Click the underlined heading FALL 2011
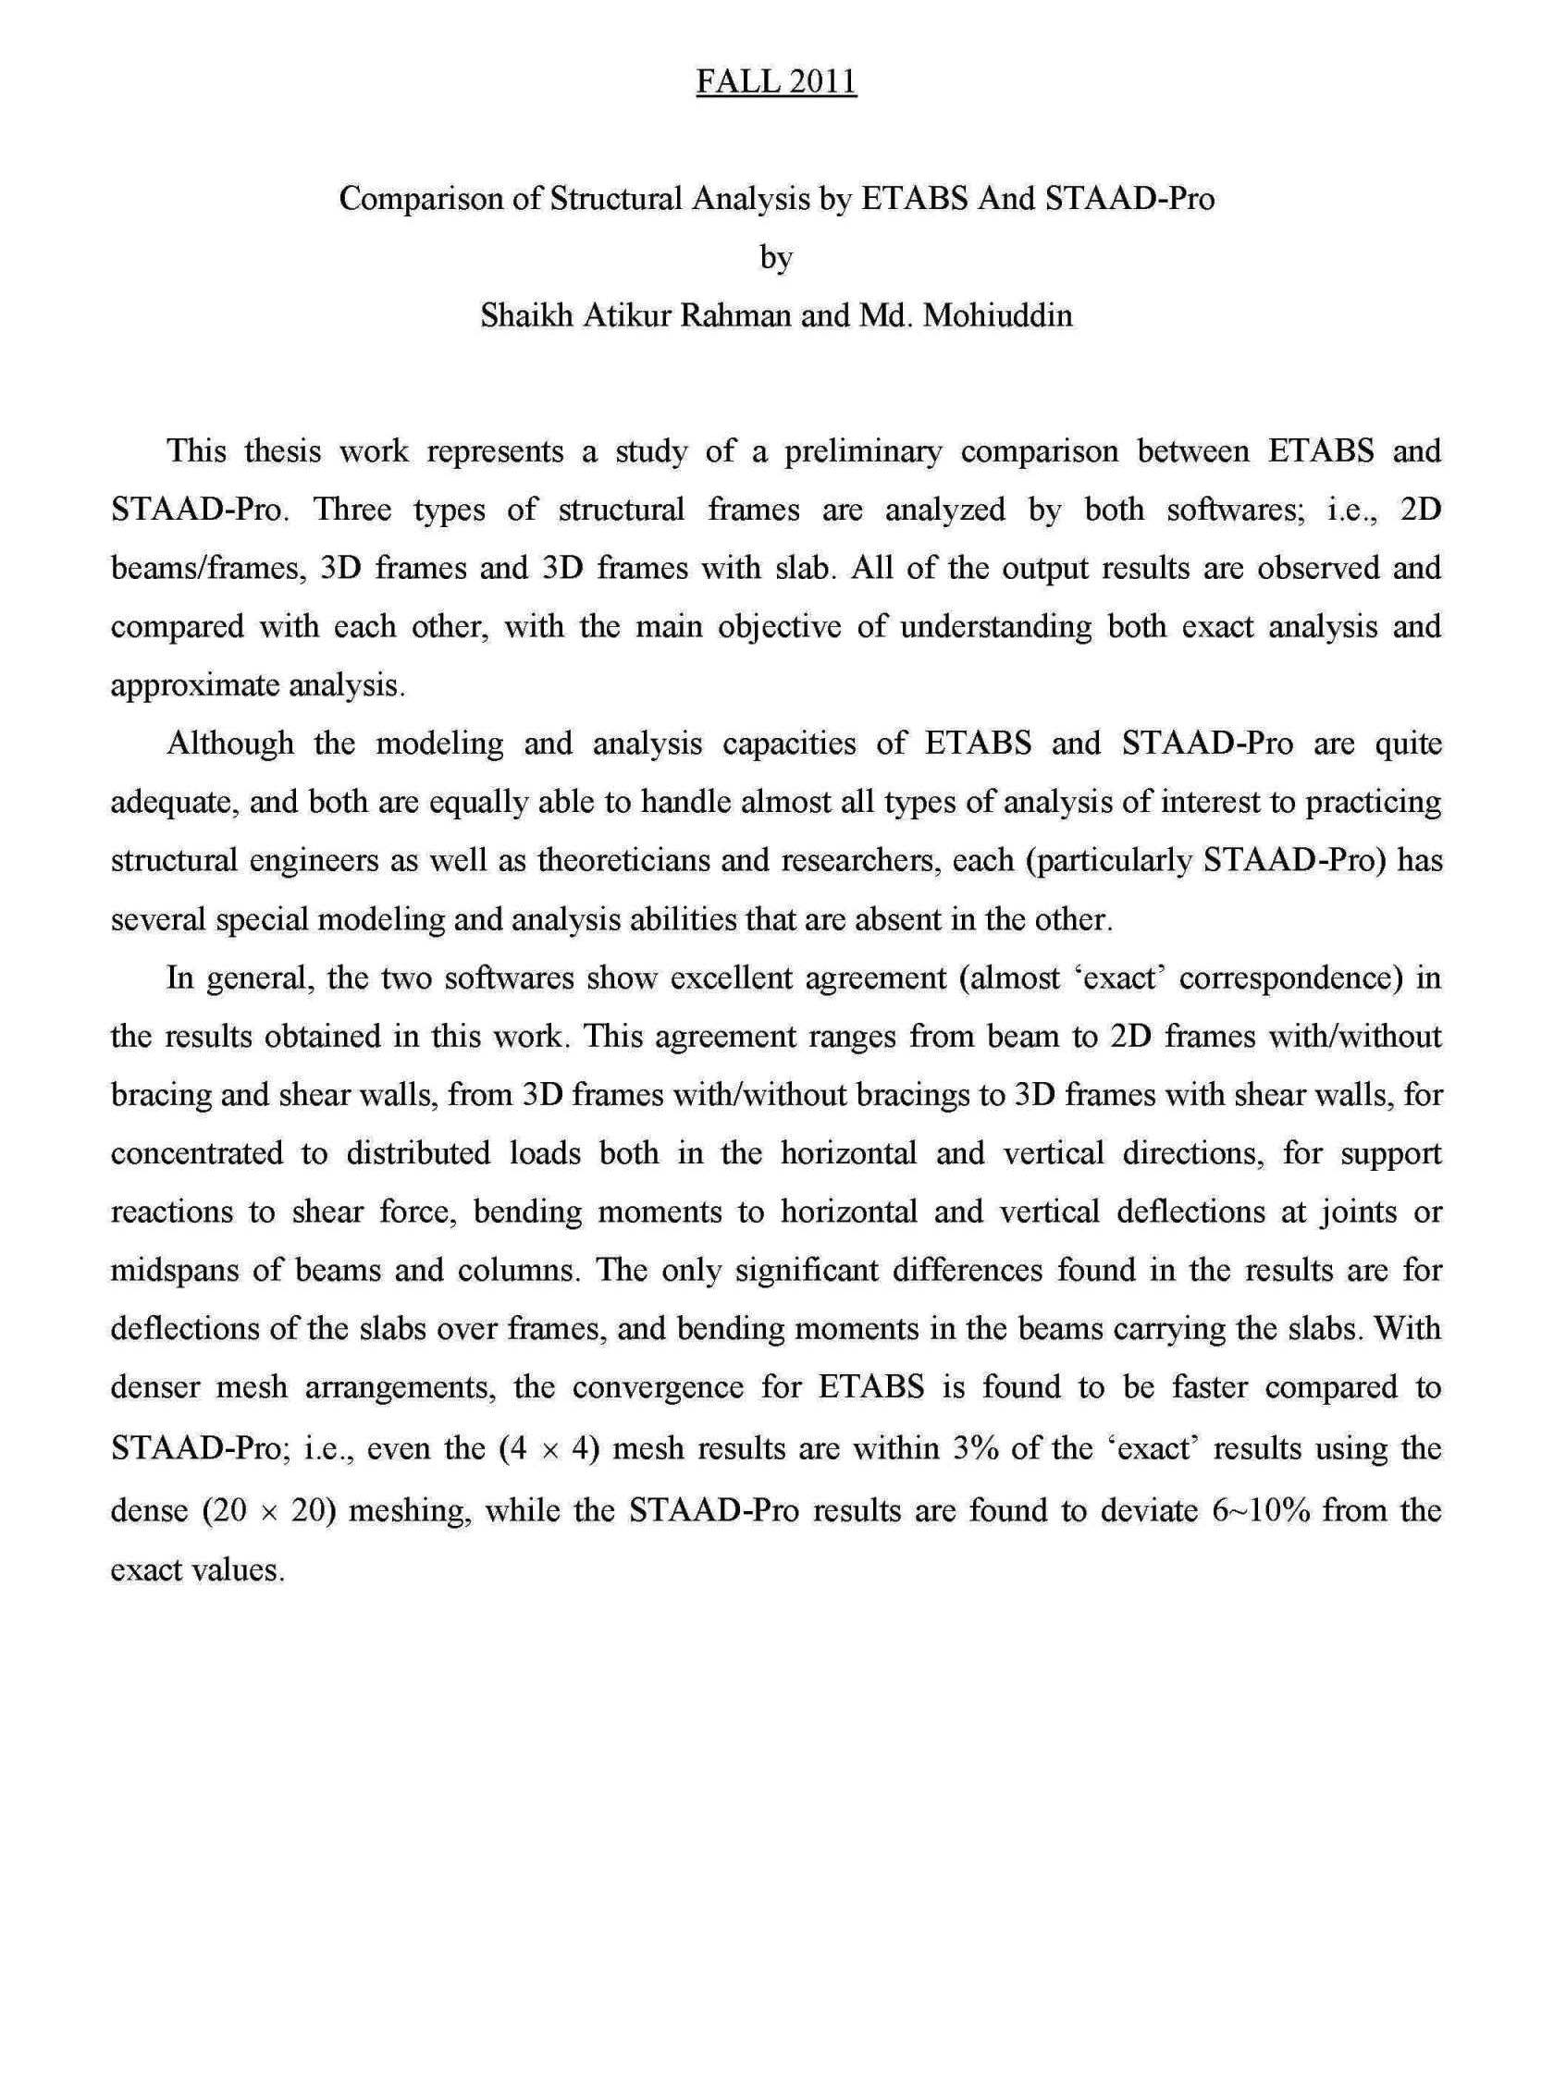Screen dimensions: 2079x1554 (775, 81)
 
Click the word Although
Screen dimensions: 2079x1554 (230, 744)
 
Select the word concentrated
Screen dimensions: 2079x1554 (196, 1152)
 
